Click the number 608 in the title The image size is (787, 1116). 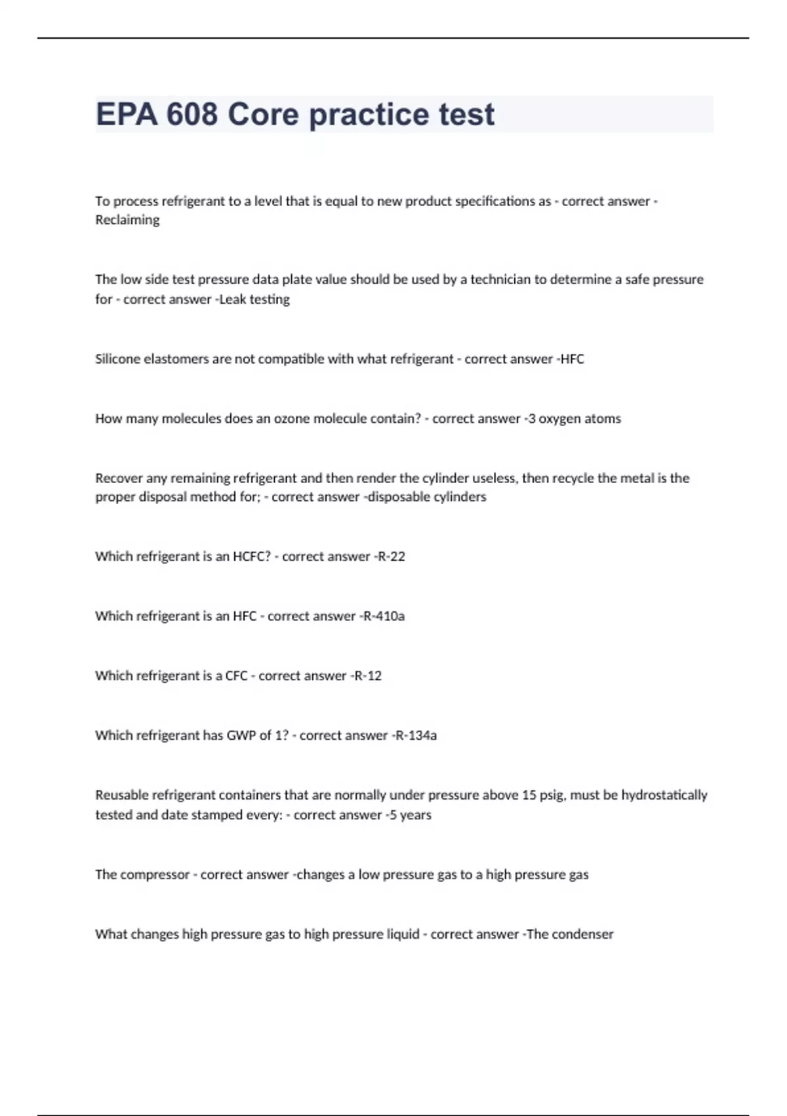pos(192,114)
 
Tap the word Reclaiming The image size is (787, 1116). pos(127,220)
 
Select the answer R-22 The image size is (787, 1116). pos(392,556)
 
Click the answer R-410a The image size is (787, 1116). pos(384,616)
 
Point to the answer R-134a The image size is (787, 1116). pos(416,735)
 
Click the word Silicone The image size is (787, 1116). pos(117,359)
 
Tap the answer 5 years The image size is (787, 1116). pos(411,815)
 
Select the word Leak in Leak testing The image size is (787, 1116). pos(232,299)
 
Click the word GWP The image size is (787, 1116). pos(241,735)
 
